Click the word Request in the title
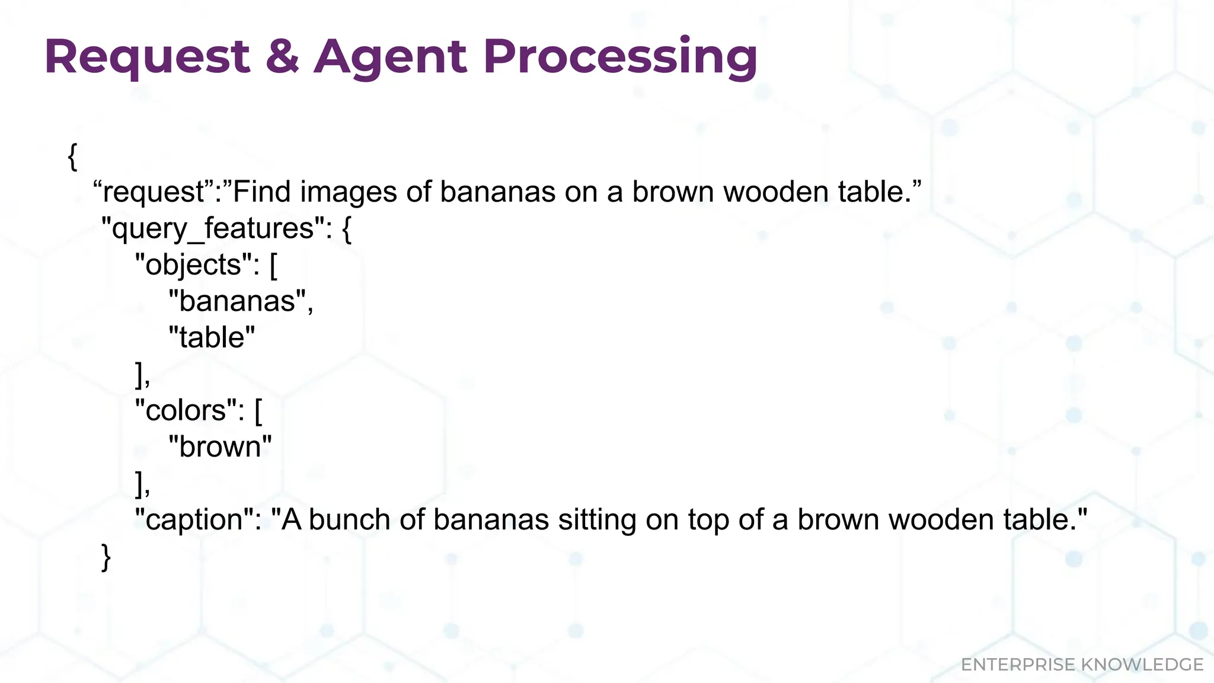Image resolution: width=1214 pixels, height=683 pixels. pyautogui.click(x=147, y=57)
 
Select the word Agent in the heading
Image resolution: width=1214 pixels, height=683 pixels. pyautogui.click(x=390, y=57)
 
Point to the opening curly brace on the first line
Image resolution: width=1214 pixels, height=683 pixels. pyautogui.click(x=72, y=157)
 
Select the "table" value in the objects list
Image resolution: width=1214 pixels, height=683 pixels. pyautogui.click(x=212, y=337)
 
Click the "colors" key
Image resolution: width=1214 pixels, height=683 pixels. pyautogui.click(x=190, y=410)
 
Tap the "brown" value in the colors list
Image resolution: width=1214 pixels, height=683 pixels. pyautogui.click(x=220, y=446)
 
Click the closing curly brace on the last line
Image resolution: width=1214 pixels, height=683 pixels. pyautogui.click(x=106, y=557)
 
